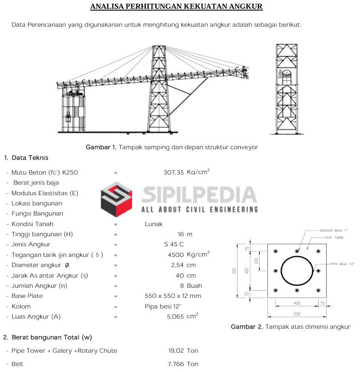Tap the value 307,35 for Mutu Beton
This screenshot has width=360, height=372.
click(174, 173)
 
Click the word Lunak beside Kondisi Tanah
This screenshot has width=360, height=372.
click(153, 224)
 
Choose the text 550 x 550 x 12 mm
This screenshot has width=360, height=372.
click(173, 296)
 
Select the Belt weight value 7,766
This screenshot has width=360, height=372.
click(176, 364)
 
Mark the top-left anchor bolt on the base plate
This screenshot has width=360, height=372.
click(275, 251)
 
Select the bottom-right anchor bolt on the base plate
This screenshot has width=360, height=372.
click(318, 291)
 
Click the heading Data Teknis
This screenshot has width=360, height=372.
click(29, 158)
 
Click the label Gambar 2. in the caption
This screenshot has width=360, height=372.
click(247, 327)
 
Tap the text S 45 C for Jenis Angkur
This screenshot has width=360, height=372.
click(174, 244)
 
